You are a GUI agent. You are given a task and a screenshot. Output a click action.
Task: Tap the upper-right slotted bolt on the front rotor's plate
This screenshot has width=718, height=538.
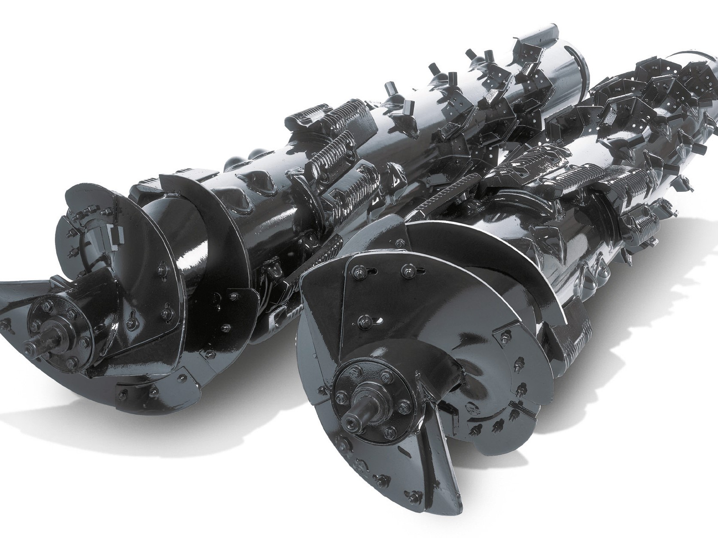tap(404, 271)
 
